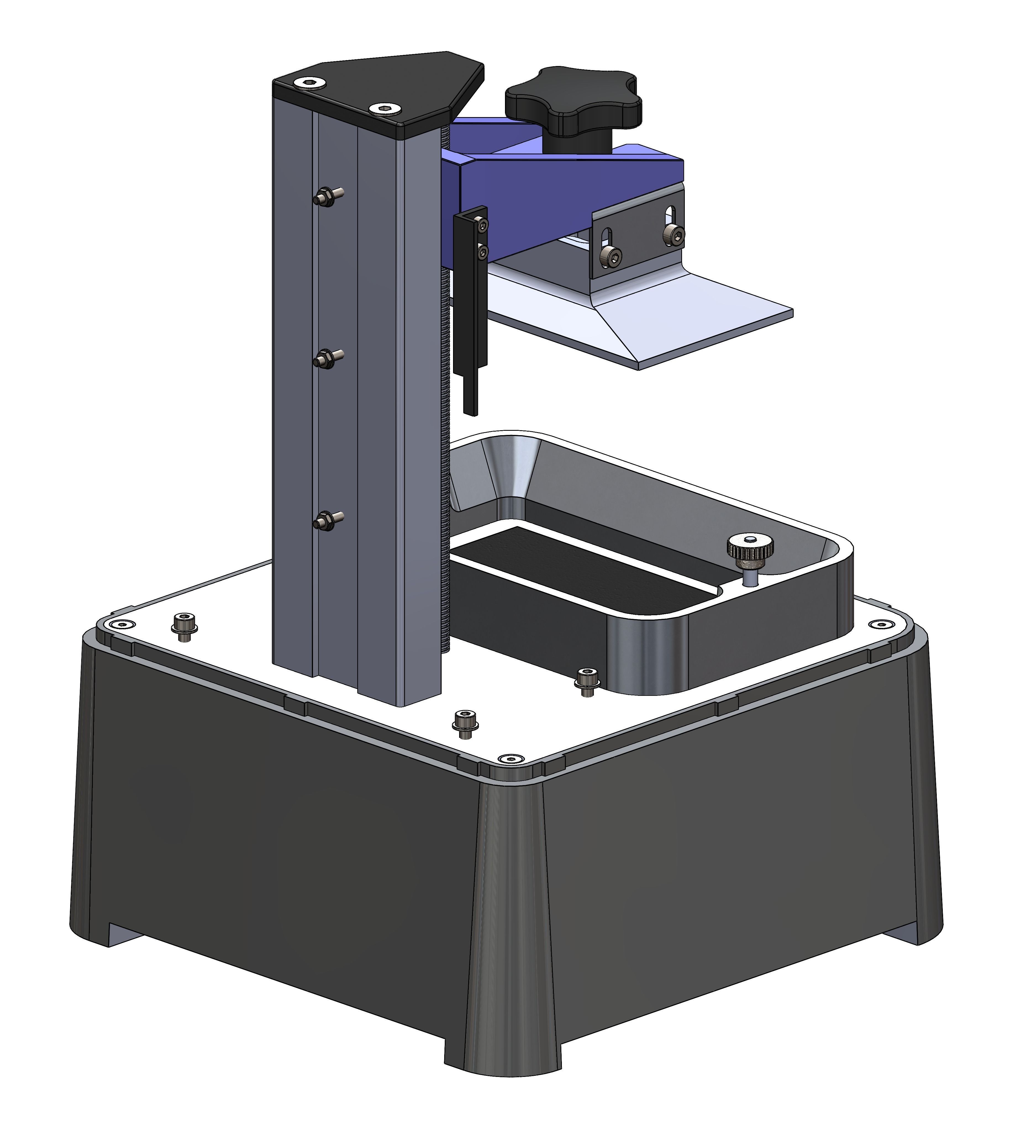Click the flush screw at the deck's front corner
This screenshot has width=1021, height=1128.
click(509, 759)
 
